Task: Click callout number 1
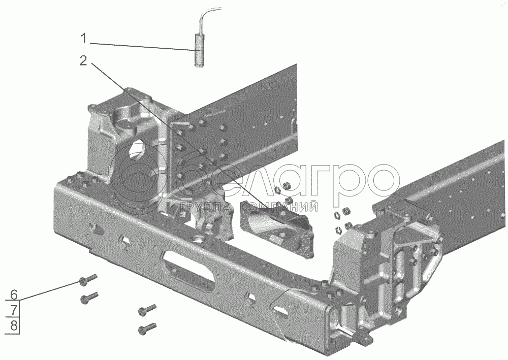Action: pyautogui.click(x=84, y=38)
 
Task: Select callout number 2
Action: pyautogui.click(x=83, y=61)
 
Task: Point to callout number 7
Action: pyautogui.click(x=14, y=309)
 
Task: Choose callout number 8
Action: pyautogui.click(x=14, y=325)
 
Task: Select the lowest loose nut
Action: pyautogui.click(x=348, y=225)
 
